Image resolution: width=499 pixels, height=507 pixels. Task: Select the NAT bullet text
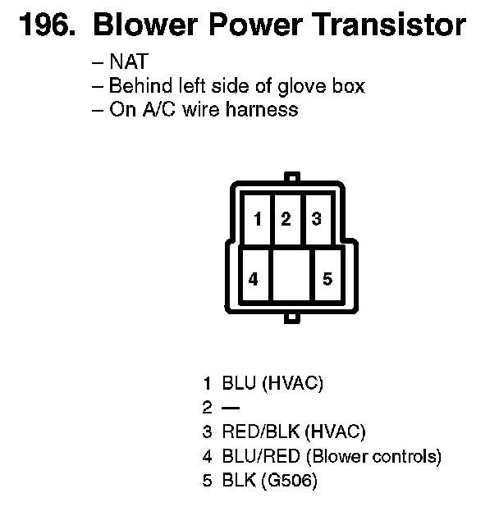(x=128, y=63)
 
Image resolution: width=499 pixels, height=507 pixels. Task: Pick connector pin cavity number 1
(x=257, y=219)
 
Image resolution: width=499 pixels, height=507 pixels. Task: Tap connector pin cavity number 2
(x=286, y=219)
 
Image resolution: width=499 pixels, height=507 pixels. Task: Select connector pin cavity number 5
(x=327, y=278)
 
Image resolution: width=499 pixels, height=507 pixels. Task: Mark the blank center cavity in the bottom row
(x=291, y=278)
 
